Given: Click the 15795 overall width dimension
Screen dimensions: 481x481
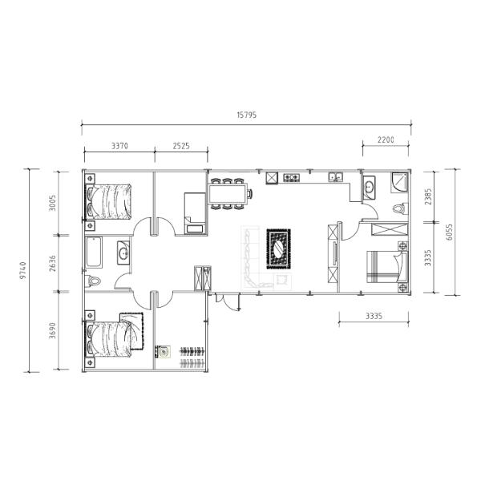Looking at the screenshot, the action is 247,115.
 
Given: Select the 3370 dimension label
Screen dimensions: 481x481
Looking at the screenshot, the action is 119,146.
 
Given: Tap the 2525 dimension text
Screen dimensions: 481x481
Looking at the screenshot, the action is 181,146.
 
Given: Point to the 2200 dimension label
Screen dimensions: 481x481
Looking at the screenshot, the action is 386,139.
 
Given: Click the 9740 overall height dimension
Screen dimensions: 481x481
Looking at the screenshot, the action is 23,271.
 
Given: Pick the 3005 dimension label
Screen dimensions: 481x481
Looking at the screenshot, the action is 53,203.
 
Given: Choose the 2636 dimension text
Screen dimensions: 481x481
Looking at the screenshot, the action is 53,263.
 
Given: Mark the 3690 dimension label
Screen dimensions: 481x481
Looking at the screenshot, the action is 53,330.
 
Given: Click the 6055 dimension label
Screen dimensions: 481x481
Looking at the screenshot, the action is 449,232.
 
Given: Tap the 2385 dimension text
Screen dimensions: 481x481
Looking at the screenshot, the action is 428,196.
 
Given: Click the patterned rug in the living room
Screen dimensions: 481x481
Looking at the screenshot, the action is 278,249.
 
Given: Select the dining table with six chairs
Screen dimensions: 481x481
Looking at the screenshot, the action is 228,193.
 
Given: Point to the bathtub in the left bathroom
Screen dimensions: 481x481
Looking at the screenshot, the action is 94,253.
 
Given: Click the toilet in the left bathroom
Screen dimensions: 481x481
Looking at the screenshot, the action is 93,281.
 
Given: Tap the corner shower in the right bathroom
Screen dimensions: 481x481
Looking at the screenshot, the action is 399,183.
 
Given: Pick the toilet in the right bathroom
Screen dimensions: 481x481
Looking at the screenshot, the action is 400,209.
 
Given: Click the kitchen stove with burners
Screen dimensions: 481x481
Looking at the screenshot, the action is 292,177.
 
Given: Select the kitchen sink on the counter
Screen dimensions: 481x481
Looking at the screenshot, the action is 336,177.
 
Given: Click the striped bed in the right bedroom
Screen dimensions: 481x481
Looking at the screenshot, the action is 387,266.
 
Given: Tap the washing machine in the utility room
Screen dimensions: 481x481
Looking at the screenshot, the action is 163,352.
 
